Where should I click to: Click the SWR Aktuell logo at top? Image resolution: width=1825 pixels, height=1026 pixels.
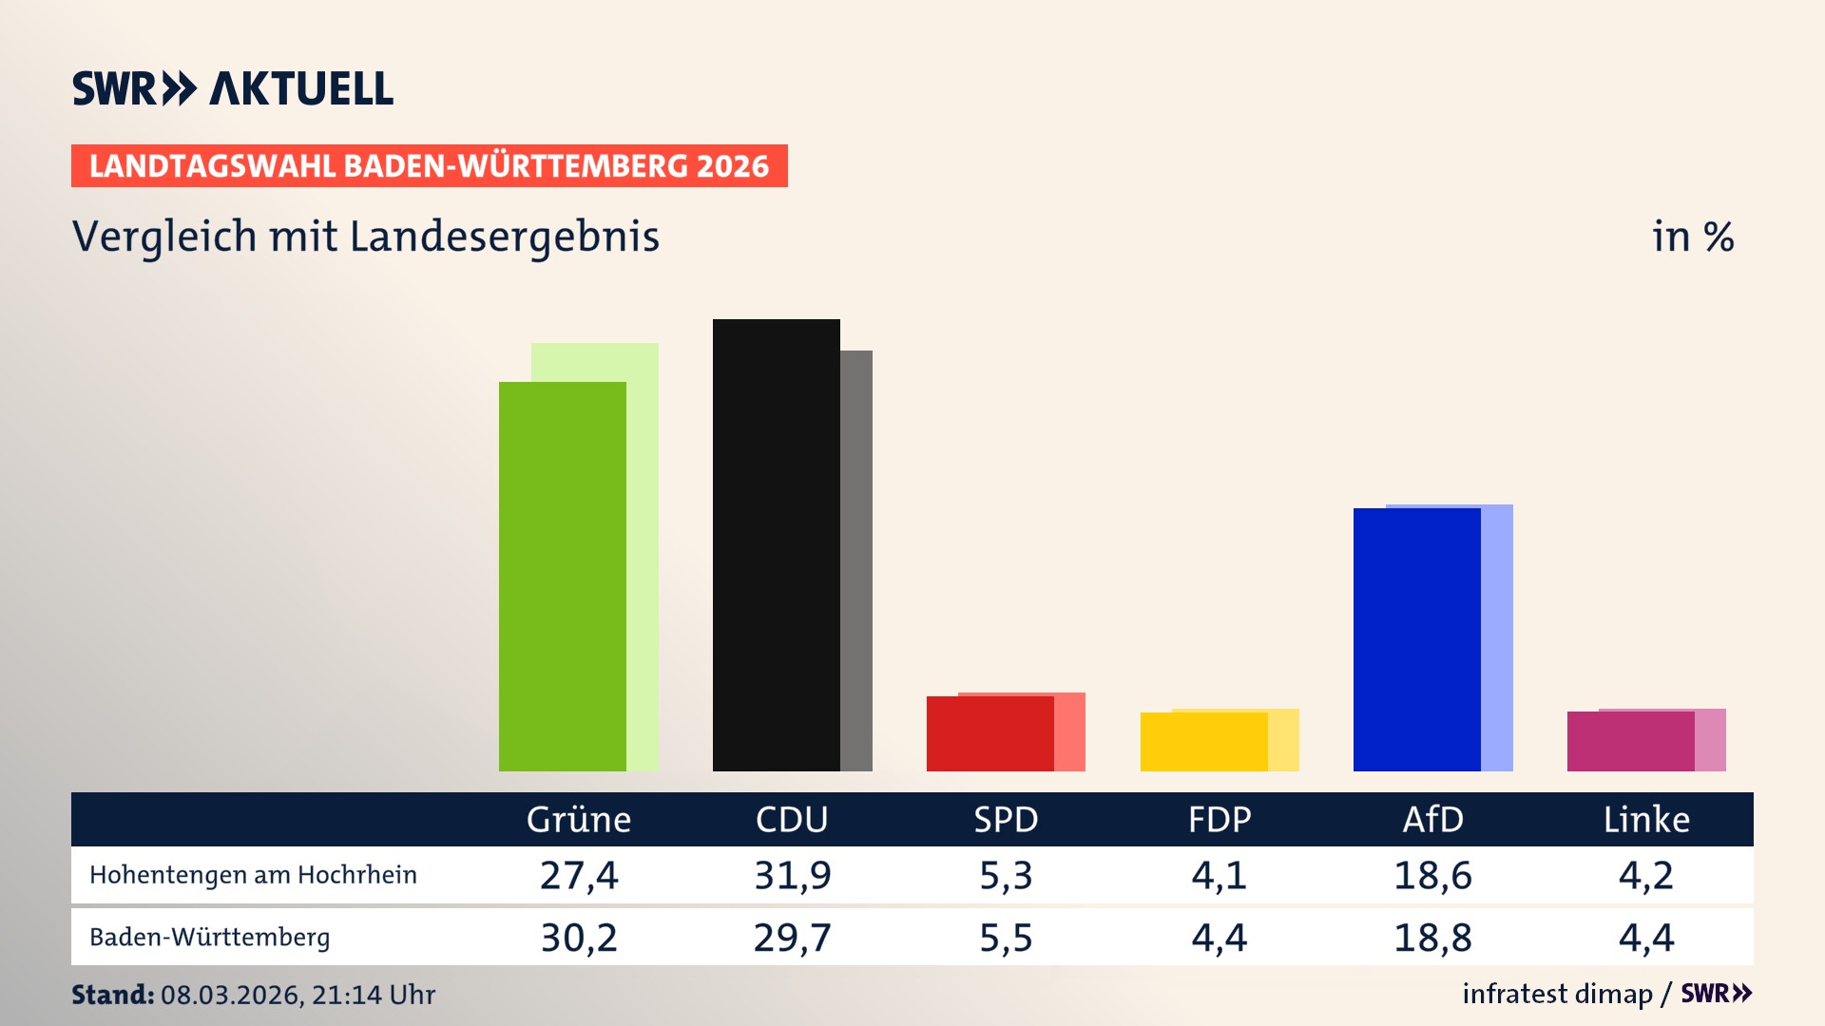click(x=233, y=88)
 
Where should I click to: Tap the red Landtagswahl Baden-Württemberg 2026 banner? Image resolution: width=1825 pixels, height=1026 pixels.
click(x=429, y=166)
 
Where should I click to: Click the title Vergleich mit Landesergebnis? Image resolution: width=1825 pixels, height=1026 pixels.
click(x=366, y=237)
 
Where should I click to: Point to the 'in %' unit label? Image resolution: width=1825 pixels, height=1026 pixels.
click(x=1693, y=237)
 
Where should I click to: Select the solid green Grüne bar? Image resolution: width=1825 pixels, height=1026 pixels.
click(x=562, y=576)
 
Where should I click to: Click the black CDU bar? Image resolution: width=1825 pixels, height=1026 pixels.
click(x=776, y=544)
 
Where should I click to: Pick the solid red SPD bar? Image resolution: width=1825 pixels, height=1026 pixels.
click(x=989, y=733)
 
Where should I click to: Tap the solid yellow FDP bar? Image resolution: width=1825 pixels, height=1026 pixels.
click(x=1203, y=742)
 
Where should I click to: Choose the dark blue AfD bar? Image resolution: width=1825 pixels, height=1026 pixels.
click(x=1416, y=639)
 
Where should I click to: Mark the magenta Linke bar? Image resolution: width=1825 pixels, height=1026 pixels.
click(x=1630, y=741)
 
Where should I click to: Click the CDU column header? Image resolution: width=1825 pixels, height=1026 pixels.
click(x=792, y=820)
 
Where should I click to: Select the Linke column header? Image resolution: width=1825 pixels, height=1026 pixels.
click(x=1646, y=820)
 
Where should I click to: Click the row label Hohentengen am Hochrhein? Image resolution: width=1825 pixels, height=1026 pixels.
click(x=253, y=875)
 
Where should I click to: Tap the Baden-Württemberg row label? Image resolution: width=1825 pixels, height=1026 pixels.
click(x=210, y=938)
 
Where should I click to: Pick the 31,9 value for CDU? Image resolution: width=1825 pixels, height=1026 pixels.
click(x=792, y=875)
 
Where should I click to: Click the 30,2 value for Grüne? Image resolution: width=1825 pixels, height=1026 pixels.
click(x=579, y=938)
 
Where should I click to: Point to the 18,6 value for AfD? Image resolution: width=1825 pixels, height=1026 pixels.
click(x=1432, y=875)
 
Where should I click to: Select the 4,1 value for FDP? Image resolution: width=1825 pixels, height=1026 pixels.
click(x=1219, y=875)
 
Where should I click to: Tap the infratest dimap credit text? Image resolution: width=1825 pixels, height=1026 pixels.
click(x=1557, y=994)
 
